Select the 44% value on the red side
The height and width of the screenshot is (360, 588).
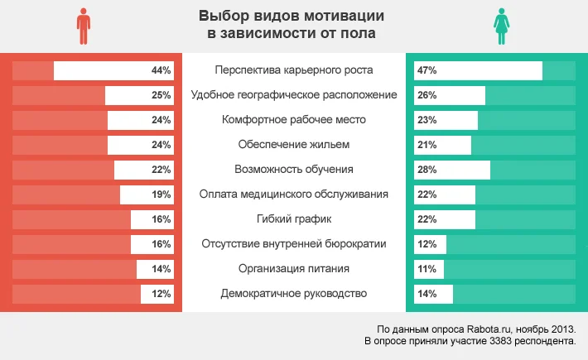161,71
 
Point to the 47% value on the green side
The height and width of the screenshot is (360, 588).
427,71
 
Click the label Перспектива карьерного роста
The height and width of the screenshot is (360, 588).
293,70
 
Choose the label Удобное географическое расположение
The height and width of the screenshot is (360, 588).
293,95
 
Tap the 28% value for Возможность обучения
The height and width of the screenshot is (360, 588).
427,170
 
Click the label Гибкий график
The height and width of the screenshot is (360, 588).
293,219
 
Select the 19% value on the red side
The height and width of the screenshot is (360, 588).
161,194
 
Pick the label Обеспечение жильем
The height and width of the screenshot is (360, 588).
293,145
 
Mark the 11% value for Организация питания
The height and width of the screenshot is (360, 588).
427,269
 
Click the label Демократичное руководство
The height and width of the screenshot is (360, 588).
293,294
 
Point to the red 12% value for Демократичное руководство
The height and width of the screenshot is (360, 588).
161,294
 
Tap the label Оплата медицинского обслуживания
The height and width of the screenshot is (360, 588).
293,194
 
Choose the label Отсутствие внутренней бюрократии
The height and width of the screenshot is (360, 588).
293,244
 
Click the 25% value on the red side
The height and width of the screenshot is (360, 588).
161,96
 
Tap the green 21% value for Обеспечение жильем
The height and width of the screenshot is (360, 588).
427,145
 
